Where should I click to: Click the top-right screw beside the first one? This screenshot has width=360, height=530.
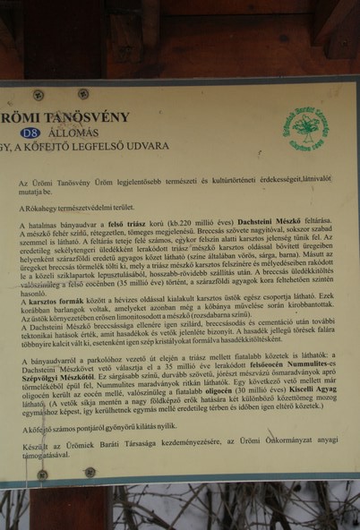[x=82, y=93]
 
